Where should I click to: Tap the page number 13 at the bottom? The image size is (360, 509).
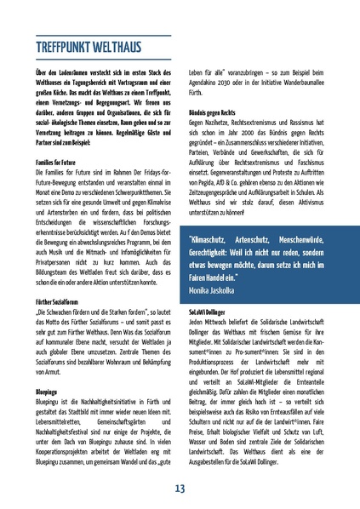[x=180, y=488]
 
